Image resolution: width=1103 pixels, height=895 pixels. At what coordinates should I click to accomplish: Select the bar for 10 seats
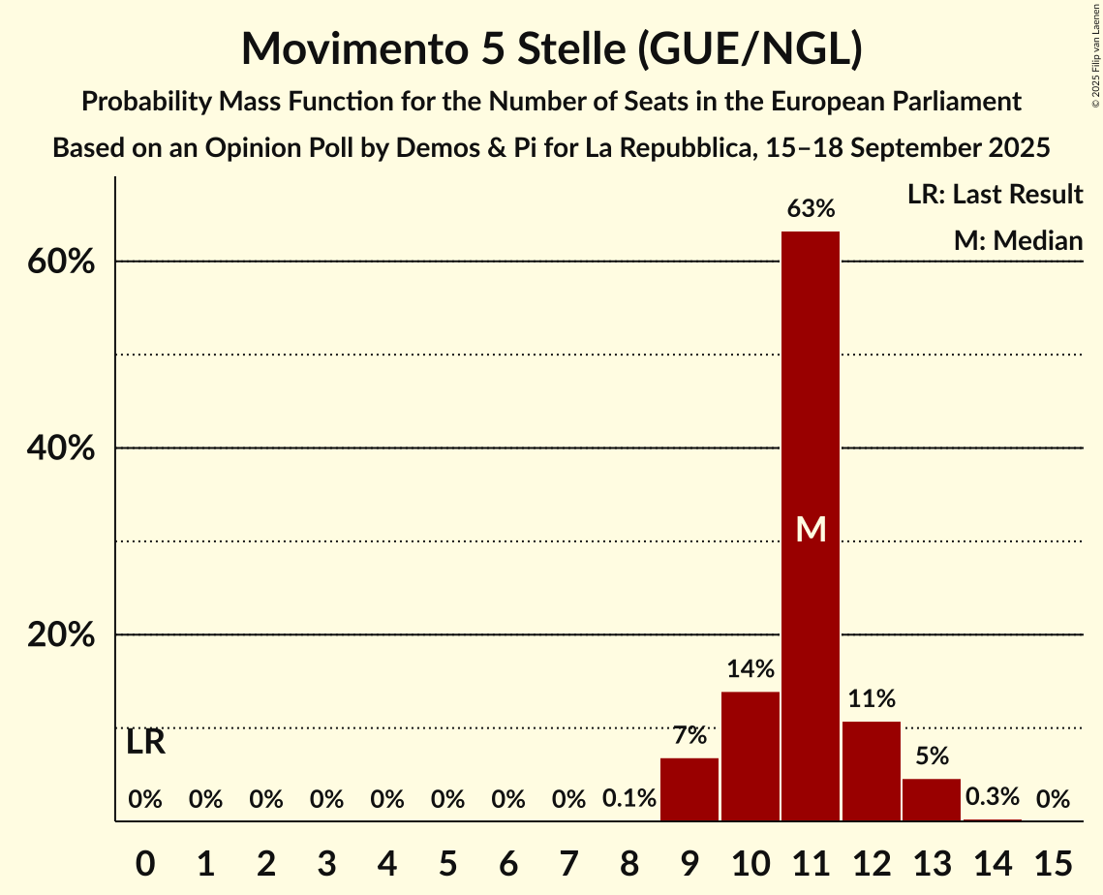(751, 756)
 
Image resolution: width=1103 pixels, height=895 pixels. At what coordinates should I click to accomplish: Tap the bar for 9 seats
(689, 789)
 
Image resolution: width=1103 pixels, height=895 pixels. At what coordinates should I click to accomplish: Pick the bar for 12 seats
(872, 771)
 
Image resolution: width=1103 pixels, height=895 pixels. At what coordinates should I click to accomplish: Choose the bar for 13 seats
(932, 800)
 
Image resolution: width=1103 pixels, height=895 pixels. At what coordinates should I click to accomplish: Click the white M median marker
(811, 529)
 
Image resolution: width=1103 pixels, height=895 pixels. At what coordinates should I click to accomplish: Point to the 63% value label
(811, 208)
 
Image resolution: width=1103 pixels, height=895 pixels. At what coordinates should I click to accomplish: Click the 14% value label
(751, 668)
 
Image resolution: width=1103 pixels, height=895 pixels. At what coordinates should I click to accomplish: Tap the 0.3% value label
(993, 797)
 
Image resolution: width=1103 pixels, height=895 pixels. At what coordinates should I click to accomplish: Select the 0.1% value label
(629, 799)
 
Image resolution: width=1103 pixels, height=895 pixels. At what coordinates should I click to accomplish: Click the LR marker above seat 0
(146, 743)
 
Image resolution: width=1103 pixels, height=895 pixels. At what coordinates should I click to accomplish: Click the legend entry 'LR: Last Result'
(995, 195)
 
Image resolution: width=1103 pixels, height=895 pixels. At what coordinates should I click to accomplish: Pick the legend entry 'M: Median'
(1018, 240)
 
